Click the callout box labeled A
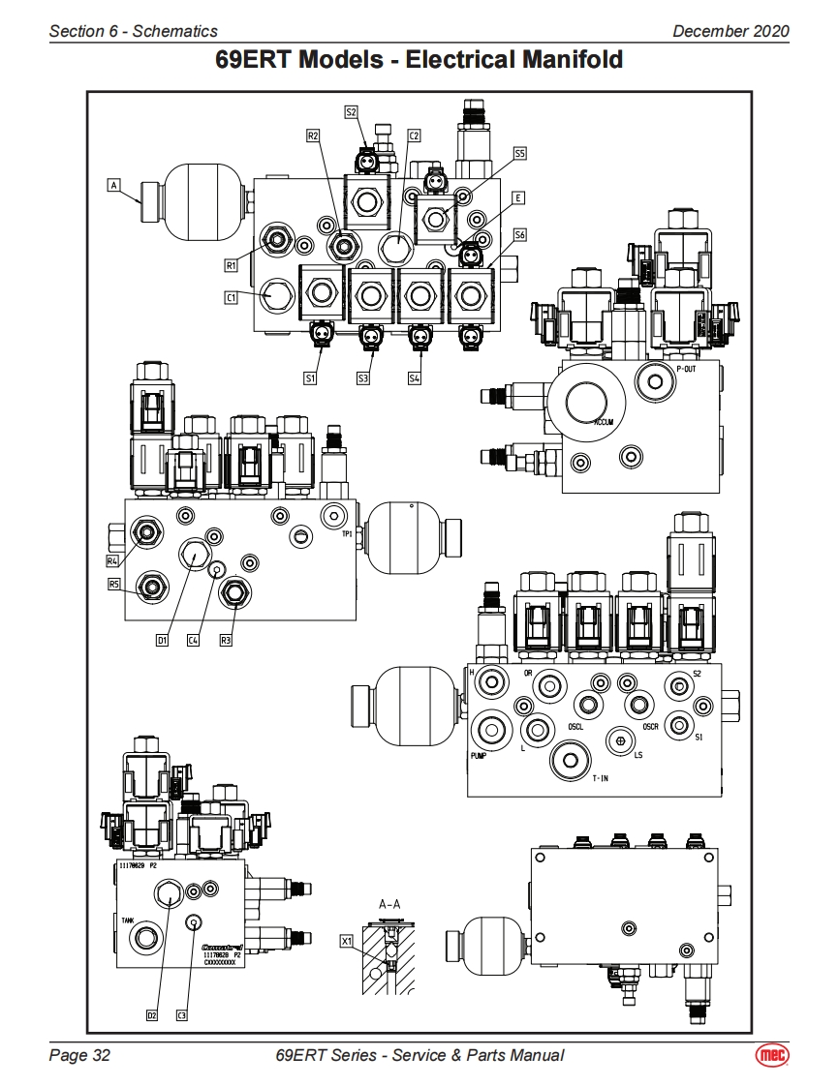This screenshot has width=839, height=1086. click(x=114, y=183)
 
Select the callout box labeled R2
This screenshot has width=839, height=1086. click(x=313, y=136)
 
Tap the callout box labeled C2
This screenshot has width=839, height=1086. click(x=413, y=136)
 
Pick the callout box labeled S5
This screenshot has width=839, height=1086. click(x=520, y=153)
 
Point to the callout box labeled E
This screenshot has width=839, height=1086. click(x=519, y=197)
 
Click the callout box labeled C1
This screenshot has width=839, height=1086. click(x=232, y=298)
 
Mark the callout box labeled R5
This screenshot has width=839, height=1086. click(x=114, y=584)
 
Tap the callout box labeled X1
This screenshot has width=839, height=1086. click(x=347, y=940)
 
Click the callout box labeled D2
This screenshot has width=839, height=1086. click(x=152, y=1015)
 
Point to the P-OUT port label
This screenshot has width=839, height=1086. click(x=686, y=370)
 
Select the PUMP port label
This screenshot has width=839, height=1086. click(x=478, y=755)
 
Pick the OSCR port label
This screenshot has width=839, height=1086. click(x=653, y=727)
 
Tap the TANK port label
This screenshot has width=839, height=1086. click(x=128, y=920)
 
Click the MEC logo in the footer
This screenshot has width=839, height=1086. click(x=770, y=1056)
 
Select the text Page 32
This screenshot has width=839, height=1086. click(x=79, y=1055)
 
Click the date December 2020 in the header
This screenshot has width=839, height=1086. click(x=730, y=31)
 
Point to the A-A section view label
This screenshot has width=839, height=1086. click(x=389, y=904)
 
